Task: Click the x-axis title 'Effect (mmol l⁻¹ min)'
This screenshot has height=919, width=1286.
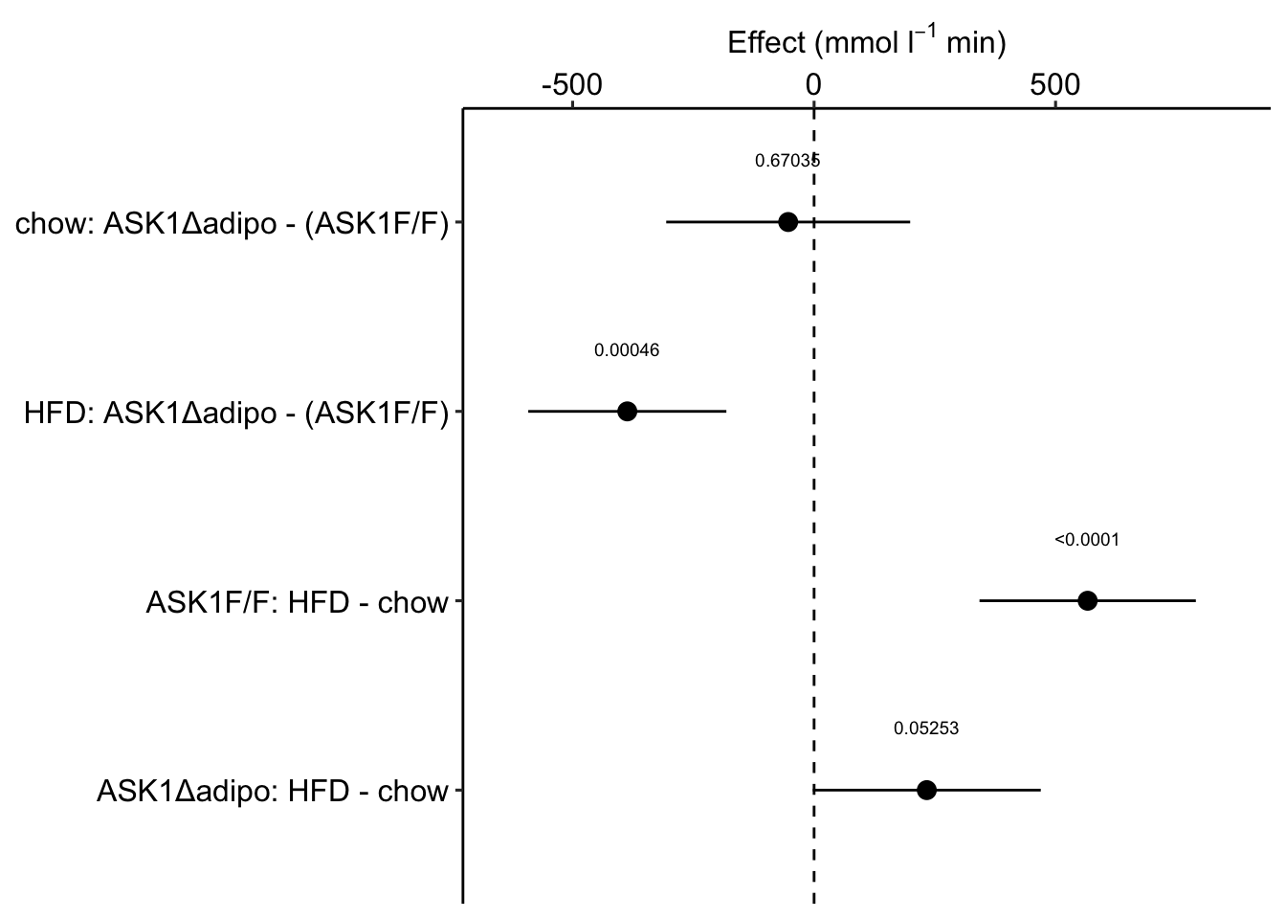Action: pos(866,43)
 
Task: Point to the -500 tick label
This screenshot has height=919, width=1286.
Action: pos(572,85)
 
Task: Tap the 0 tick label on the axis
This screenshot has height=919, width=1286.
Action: pos(813,85)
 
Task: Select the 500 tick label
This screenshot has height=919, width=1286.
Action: pos(1055,85)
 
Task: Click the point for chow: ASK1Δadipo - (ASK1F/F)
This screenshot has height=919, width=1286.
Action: pos(787,222)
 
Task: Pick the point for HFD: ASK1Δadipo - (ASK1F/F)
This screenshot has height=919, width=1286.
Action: pos(627,412)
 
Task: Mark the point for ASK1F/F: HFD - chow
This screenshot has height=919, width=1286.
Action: pos(1087,601)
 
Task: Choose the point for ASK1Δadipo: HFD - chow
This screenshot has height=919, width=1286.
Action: pos(926,790)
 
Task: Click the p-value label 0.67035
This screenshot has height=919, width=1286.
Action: pos(787,161)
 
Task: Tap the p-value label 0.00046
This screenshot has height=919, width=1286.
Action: pos(627,350)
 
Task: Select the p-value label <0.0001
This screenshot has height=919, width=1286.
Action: pos(1087,540)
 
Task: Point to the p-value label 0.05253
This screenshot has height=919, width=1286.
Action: pos(926,729)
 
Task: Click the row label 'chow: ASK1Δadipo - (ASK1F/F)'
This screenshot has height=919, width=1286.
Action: pos(232,226)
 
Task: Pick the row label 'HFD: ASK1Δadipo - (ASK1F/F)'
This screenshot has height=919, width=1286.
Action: pos(236,415)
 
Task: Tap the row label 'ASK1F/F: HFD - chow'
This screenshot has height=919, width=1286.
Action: pos(297,603)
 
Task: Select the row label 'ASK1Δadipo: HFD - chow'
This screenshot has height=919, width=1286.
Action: pos(273,793)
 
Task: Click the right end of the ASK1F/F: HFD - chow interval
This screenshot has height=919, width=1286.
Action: pos(1196,601)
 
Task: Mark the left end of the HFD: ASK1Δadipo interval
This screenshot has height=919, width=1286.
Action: pos(528,412)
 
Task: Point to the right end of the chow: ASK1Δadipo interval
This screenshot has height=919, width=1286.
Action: pos(910,222)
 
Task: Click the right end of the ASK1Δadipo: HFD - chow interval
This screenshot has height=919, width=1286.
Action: pos(1040,790)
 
